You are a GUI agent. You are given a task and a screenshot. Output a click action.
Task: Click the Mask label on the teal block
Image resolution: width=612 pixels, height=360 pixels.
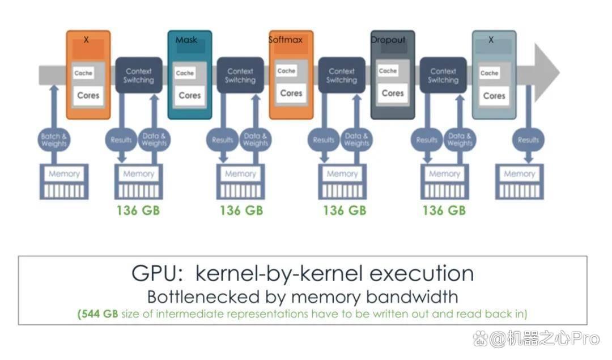coord(186,40)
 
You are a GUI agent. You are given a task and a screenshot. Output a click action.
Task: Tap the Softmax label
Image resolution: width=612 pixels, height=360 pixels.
coord(285,40)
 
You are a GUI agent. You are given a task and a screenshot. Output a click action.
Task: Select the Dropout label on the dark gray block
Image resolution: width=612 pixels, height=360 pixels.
coord(388,40)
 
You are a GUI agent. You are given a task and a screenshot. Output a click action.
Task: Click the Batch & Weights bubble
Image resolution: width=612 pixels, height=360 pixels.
coord(54,140)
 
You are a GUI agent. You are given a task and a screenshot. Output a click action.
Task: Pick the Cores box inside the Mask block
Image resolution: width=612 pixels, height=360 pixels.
coord(190,95)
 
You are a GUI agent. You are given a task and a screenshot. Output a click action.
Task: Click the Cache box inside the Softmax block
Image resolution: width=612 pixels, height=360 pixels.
coord(286,71)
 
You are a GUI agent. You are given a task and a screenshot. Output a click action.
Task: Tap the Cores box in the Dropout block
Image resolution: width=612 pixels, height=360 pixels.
coord(393,94)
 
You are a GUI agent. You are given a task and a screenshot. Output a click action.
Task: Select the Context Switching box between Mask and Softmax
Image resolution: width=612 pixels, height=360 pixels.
coord(240,75)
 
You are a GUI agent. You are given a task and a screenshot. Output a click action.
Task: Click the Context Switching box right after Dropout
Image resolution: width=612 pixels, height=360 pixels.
coord(443,75)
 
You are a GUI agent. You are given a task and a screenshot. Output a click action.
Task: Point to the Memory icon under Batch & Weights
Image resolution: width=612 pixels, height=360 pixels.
coord(65,182)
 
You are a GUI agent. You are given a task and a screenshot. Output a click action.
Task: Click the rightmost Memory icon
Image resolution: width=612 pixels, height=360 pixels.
coord(519,182)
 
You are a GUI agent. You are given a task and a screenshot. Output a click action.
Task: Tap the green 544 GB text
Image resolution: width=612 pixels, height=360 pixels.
coord(98,314)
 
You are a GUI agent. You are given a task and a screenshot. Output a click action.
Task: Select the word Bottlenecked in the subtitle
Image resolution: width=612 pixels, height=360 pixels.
coord(203,297)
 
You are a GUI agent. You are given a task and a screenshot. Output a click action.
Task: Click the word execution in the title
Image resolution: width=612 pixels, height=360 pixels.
coord(422,273)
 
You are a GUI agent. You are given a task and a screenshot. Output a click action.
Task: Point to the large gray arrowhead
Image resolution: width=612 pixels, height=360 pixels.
coord(546,73)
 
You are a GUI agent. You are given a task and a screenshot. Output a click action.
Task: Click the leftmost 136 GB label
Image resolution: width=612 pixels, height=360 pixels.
coord(138,211)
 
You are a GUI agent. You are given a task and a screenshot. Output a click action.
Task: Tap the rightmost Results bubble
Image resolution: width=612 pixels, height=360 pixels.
coord(528,140)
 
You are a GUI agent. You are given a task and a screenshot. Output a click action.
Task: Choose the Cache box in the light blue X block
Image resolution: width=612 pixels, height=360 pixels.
coord(489,73)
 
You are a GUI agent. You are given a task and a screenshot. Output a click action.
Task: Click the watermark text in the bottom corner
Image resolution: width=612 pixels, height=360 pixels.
coord(537,338)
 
